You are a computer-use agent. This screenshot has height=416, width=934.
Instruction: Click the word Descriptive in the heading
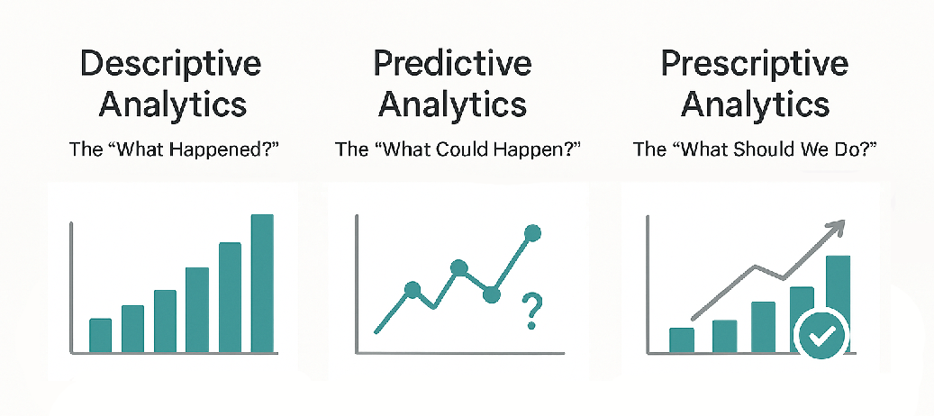point(171,65)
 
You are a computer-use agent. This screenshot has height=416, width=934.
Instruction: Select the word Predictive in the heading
point(452,65)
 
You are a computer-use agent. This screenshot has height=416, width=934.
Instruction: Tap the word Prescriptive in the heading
point(754,65)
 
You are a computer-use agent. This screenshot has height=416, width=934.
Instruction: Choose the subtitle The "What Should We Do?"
point(754,149)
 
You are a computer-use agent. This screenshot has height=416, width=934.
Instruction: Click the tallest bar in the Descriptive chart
point(262,284)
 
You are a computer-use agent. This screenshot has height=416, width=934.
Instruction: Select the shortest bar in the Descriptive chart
point(100,335)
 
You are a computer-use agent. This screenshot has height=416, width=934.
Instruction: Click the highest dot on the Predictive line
point(531,234)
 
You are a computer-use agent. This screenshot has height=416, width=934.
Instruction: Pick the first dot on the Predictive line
point(413,289)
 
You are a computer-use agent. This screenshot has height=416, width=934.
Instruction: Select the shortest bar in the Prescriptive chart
point(682,339)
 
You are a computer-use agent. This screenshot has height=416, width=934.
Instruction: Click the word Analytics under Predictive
point(452,104)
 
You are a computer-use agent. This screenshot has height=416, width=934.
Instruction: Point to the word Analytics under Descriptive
point(171,104)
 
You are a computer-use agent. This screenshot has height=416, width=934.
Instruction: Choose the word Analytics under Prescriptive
point(754,104)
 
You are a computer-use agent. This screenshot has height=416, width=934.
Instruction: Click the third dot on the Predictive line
point(491,294)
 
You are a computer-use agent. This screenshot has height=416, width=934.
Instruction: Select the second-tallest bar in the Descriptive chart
point(230,297)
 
